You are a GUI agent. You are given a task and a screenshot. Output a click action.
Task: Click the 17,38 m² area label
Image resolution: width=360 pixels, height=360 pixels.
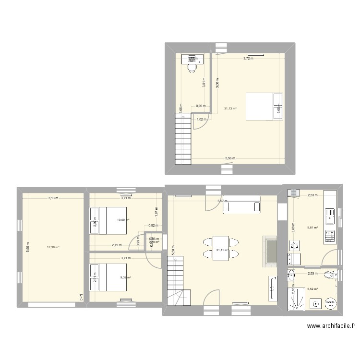tap(53, 248)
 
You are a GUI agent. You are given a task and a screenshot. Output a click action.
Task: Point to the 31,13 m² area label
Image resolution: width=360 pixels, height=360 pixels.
tap(231, 108)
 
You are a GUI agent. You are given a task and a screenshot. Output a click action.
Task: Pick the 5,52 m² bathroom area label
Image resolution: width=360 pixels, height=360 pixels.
tap(312, 288)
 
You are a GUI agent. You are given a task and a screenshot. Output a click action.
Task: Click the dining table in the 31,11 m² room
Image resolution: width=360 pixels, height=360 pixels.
tap(221, 248)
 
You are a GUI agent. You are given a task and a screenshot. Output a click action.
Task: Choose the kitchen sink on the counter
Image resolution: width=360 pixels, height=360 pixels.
tap(330, 216)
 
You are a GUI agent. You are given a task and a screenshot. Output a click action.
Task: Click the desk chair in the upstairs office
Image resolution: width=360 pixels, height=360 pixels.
tap(192, 68)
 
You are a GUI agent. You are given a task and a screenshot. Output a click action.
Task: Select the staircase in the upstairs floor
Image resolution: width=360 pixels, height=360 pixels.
tap(183, 139)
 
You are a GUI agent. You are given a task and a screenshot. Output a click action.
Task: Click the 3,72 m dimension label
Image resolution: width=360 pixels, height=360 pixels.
tap(248, 59)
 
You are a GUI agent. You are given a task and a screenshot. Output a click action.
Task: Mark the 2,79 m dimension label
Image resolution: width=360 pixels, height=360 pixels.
tap(117, 245)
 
